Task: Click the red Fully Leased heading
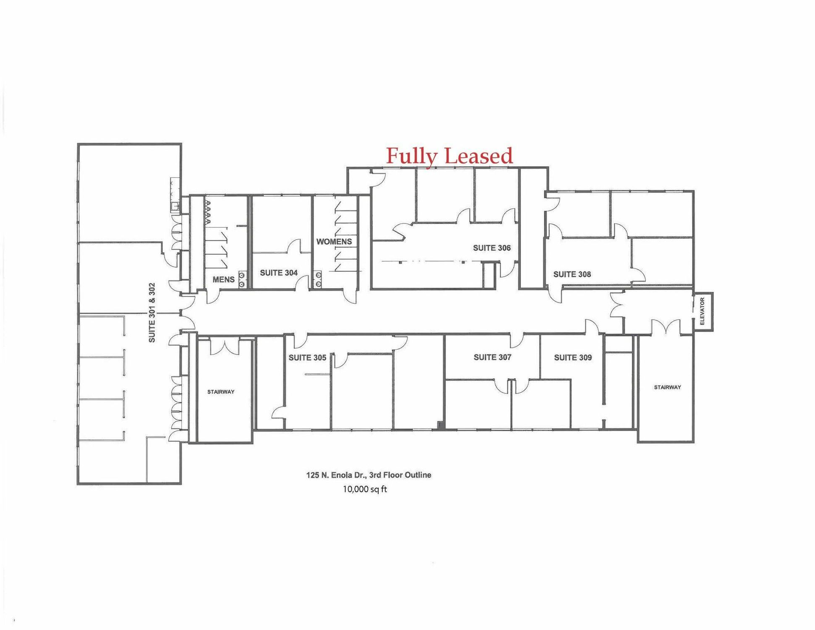tap(449, 156)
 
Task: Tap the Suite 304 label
tap(279, 273)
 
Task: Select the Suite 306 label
tap(492, 248)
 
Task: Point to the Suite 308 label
tap(572, 274)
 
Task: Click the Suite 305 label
tap(307, 357)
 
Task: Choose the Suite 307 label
tap(492, 357)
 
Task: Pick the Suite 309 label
tap(573, 357)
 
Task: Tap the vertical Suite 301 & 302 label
tap(152, 312)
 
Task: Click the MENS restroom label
tap(223, 279)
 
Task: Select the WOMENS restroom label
tap(334, 241)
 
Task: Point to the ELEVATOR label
tap(702, 311)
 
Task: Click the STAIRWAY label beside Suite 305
tap(221, 392)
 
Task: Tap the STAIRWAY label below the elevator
tap(667, 387)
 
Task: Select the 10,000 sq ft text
tap(365, 489)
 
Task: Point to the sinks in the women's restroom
tap(319, 280)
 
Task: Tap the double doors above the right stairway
tap(666, 327)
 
